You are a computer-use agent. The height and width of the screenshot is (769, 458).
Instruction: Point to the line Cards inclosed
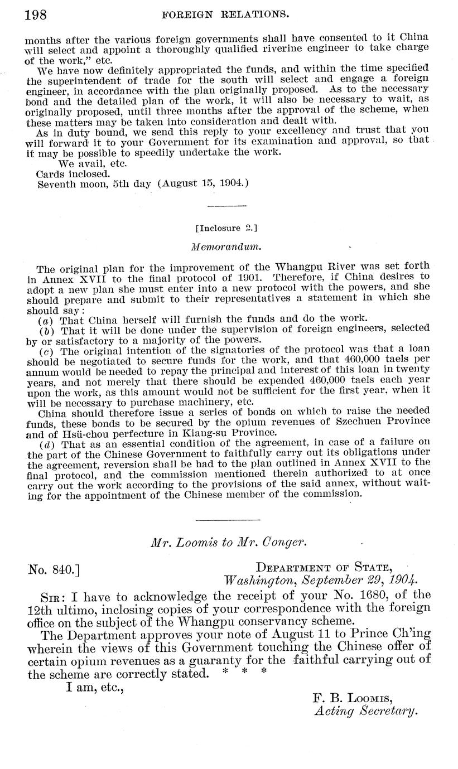73,173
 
